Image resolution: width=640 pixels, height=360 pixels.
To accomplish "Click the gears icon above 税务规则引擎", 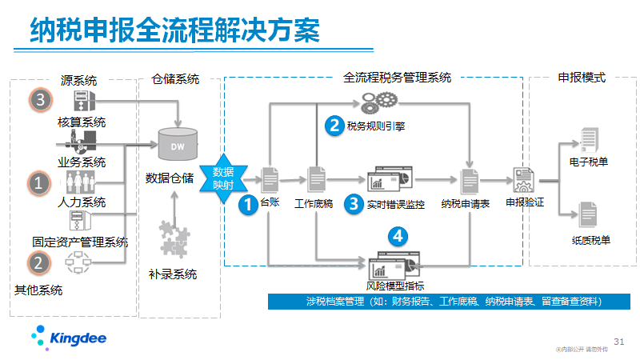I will tap(378, 102).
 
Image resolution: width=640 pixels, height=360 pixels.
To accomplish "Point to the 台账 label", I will tap(270, 203).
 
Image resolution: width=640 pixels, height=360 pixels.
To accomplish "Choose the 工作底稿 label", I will tap(314, 203).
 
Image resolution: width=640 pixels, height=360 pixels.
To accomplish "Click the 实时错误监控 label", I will tap(395, 204).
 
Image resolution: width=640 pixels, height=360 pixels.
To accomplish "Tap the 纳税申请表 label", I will tap(465, 203).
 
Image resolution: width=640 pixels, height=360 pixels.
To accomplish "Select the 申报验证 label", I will tap(525, 203).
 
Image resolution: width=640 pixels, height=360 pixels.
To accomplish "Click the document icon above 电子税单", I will tap(589, 138).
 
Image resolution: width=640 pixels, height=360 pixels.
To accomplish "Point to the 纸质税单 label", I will tap(590, 239).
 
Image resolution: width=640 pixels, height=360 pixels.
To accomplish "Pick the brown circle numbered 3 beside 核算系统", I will tap(41, 100).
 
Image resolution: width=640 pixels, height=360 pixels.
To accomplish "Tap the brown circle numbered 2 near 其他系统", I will tap(38, 262).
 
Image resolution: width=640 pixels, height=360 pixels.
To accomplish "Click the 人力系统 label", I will tap(82, 202).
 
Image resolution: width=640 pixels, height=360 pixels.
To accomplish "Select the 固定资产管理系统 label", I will tap(80, 242).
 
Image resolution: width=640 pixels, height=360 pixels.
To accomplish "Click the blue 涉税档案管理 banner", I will tap(436, 302).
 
